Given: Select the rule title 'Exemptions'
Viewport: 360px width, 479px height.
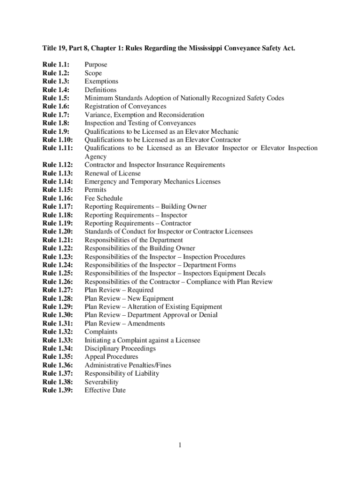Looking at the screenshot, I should [101, 81].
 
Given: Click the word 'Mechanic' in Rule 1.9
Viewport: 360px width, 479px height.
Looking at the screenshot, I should [225, 131].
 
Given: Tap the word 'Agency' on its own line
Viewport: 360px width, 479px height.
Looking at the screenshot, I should [95, 157].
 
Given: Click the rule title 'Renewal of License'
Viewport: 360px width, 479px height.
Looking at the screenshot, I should [112, 173].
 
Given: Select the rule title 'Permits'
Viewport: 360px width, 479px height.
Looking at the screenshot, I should [95, 190].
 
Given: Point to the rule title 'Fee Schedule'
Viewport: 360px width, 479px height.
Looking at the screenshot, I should [103, 198].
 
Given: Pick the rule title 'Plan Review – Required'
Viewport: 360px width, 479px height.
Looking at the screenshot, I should [119, 290].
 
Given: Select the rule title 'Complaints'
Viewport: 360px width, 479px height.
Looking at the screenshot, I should [101, 332].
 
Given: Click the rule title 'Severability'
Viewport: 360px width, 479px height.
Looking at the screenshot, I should [101, 382].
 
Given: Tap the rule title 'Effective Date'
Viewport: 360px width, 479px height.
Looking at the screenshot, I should [105, 390].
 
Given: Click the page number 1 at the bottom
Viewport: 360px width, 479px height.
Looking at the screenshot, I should [179, 445].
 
